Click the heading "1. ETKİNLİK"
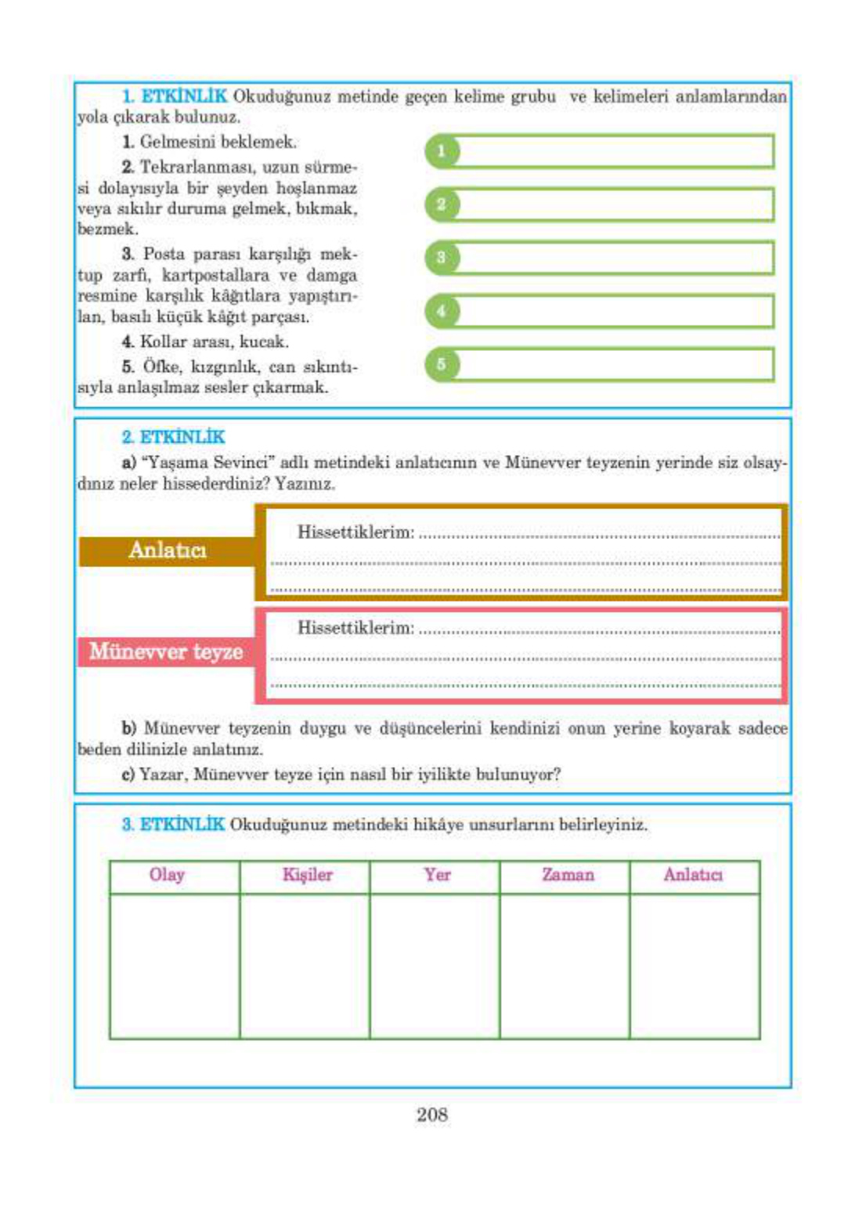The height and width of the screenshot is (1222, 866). [x=175, y=96]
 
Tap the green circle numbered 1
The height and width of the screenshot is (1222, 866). [x=442, y=151]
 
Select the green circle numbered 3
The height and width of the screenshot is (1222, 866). [x=442, y=258]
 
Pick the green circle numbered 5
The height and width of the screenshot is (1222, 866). [x=442, y=364]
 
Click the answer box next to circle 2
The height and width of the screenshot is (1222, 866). [x=615, y=204]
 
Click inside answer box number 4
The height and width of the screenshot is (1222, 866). [x=615, y=311]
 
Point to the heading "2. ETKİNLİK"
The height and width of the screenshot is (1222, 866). [x=173, y=437]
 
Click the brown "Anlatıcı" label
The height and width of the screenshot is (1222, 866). [x=167, y=551]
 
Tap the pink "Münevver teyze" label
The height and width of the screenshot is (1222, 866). [x=166, y=652]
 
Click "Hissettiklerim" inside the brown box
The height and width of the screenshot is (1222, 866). [x=355, y=533]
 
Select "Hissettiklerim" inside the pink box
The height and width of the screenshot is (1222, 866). [x=355, y=628]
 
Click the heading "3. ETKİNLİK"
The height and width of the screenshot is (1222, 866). [x=173, y=825]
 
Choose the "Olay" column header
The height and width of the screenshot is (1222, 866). [x=167, y=875]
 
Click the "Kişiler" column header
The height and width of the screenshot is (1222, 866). [x=307, y=875]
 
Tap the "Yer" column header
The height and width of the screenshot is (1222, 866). [x=437, y=875]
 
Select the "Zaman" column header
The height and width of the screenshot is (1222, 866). [x=567, y=875]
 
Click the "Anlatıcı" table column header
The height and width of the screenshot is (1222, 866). [x=693, y=875]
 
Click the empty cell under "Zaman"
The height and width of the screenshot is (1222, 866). [x=565, y=966]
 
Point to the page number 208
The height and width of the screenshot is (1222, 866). [x=432, y=1115]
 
